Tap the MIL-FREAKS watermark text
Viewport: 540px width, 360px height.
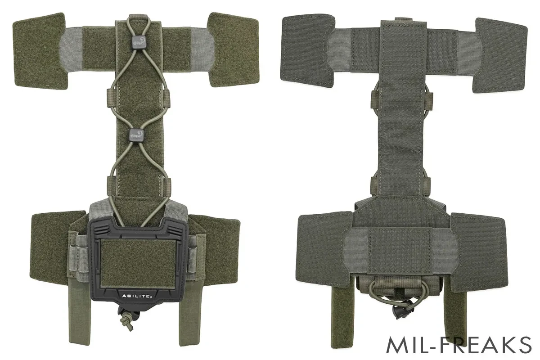pyautogui.click(x=459, y=345)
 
